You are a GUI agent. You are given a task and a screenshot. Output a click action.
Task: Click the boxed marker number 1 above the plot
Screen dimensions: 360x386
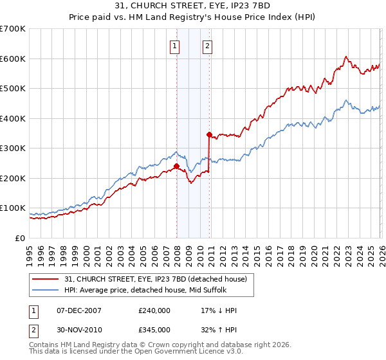tap(175, 46)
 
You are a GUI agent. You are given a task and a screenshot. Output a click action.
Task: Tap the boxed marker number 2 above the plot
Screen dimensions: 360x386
tap(208, 46)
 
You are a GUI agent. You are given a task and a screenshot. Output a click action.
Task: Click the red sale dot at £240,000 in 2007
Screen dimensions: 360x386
tap(176, 166)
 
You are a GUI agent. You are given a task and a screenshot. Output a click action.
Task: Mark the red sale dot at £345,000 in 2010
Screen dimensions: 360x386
tap(210, 134)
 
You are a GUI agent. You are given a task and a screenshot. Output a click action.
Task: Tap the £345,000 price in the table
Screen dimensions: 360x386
tap(154, 329)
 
